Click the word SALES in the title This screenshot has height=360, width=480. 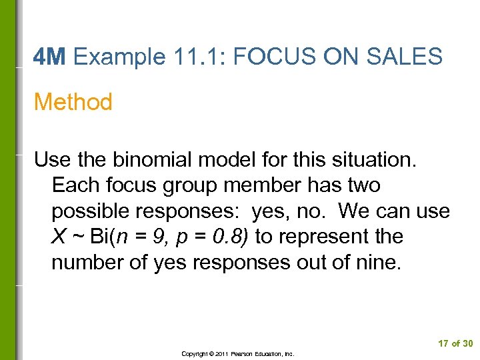click(x=406, y=57)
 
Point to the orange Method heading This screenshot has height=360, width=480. click(x=73, y=102)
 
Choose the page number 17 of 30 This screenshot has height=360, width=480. click(x=455, y=343)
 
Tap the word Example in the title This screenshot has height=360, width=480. click(x=120, y=57)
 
